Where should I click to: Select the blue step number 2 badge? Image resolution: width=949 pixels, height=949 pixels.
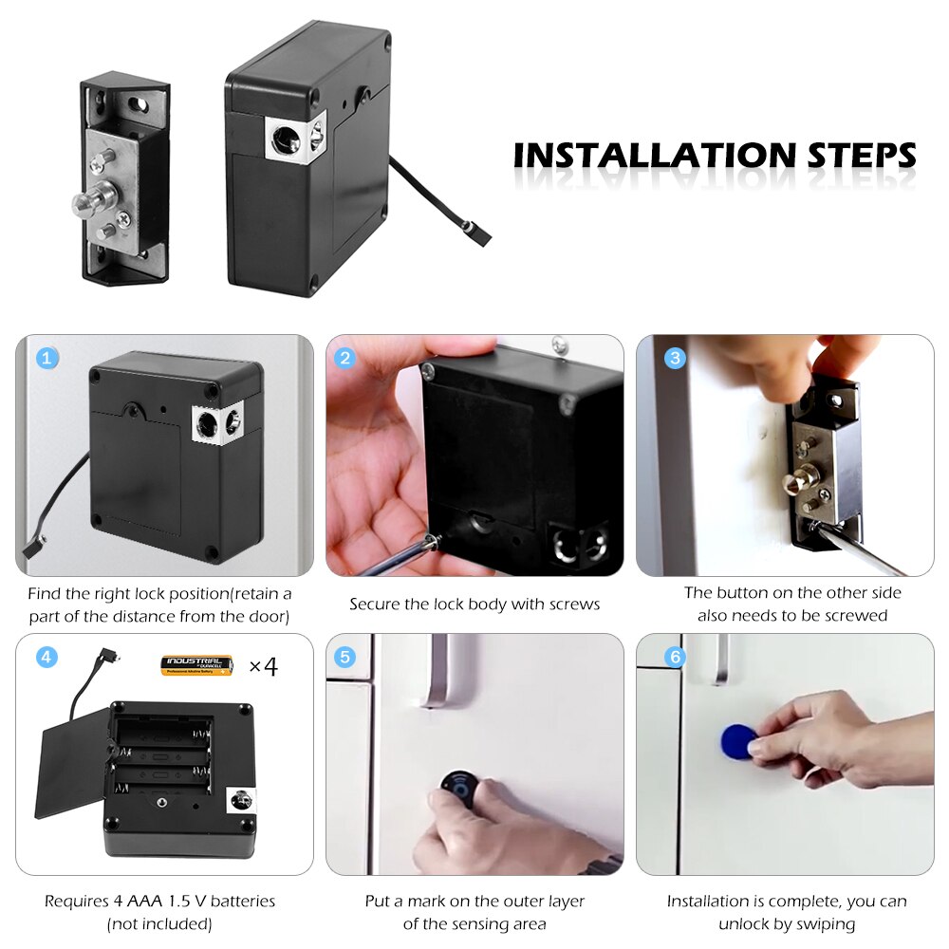pos(345,358)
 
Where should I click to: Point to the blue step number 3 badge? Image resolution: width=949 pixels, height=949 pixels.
pos(675,358)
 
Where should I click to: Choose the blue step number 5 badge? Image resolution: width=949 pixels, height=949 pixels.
pos(345,657)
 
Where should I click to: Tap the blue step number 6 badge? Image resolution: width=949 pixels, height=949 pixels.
pos(675,657)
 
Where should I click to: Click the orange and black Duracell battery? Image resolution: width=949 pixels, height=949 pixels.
pos(197,665)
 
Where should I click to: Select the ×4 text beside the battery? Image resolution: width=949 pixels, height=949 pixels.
pos(262,666)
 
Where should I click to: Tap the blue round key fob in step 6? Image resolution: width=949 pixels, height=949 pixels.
pos(736,740)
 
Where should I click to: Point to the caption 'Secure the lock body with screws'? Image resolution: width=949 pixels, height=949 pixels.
pos(474,605)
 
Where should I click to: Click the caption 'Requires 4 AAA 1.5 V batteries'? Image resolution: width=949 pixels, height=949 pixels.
pos(159,901)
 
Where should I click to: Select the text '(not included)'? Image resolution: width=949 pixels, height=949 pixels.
pos(159,923)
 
